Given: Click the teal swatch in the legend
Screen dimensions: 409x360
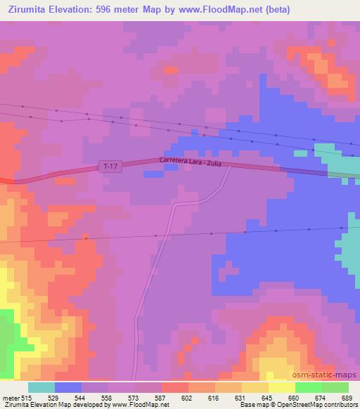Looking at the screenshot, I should [x=41, y=387].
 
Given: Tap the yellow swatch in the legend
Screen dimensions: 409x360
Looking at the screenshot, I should [x=281, y=387].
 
